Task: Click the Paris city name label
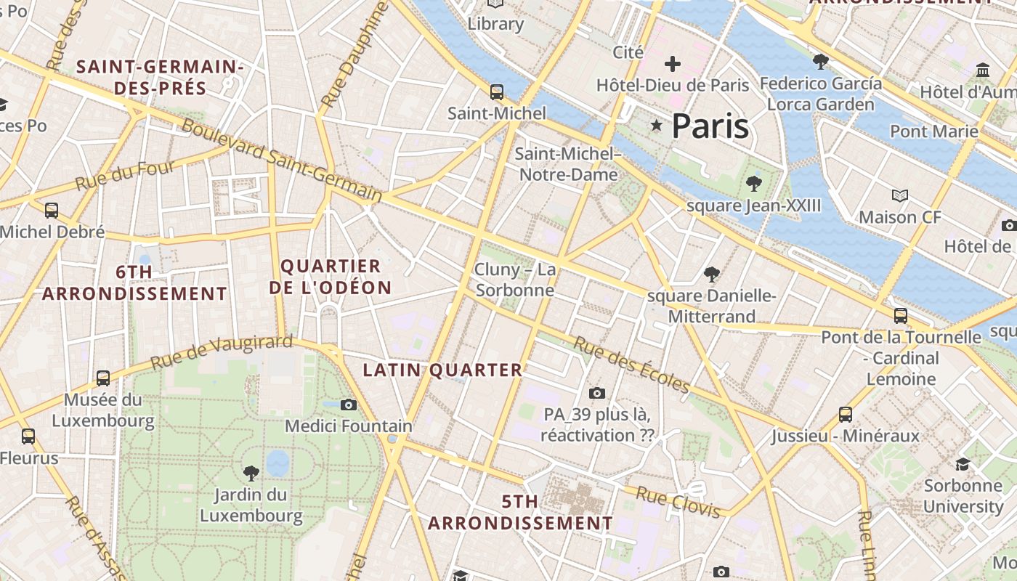click(x=710, y=126)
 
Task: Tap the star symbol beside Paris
click(x=657, y=126)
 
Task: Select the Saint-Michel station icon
click(x=497, y=92)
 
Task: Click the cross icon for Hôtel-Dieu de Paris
click(x=673, y=64)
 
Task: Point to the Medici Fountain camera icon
click(x=349, y=405)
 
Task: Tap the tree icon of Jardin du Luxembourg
click(x=251, y=474)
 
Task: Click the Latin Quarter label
click(x=442, y=370)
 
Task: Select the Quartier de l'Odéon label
click(x=330, y=277)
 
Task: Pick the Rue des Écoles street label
click(x=631, y=365)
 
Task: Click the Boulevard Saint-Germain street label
click(x=282, y=160)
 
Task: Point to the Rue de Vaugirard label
click(x=222, y=352)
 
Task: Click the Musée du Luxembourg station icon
click(x=103, y=378)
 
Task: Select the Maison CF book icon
click(x=900, y=195)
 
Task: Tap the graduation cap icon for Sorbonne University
click(x=963, y=464)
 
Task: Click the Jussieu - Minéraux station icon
click(x=846, y=415)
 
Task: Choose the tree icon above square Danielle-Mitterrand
click(x=712, y=275)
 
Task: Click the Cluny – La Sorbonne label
click(x=515, y=280)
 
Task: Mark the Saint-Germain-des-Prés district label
click(x=159, y=78)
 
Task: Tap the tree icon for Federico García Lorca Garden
click(x=821, y=62)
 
